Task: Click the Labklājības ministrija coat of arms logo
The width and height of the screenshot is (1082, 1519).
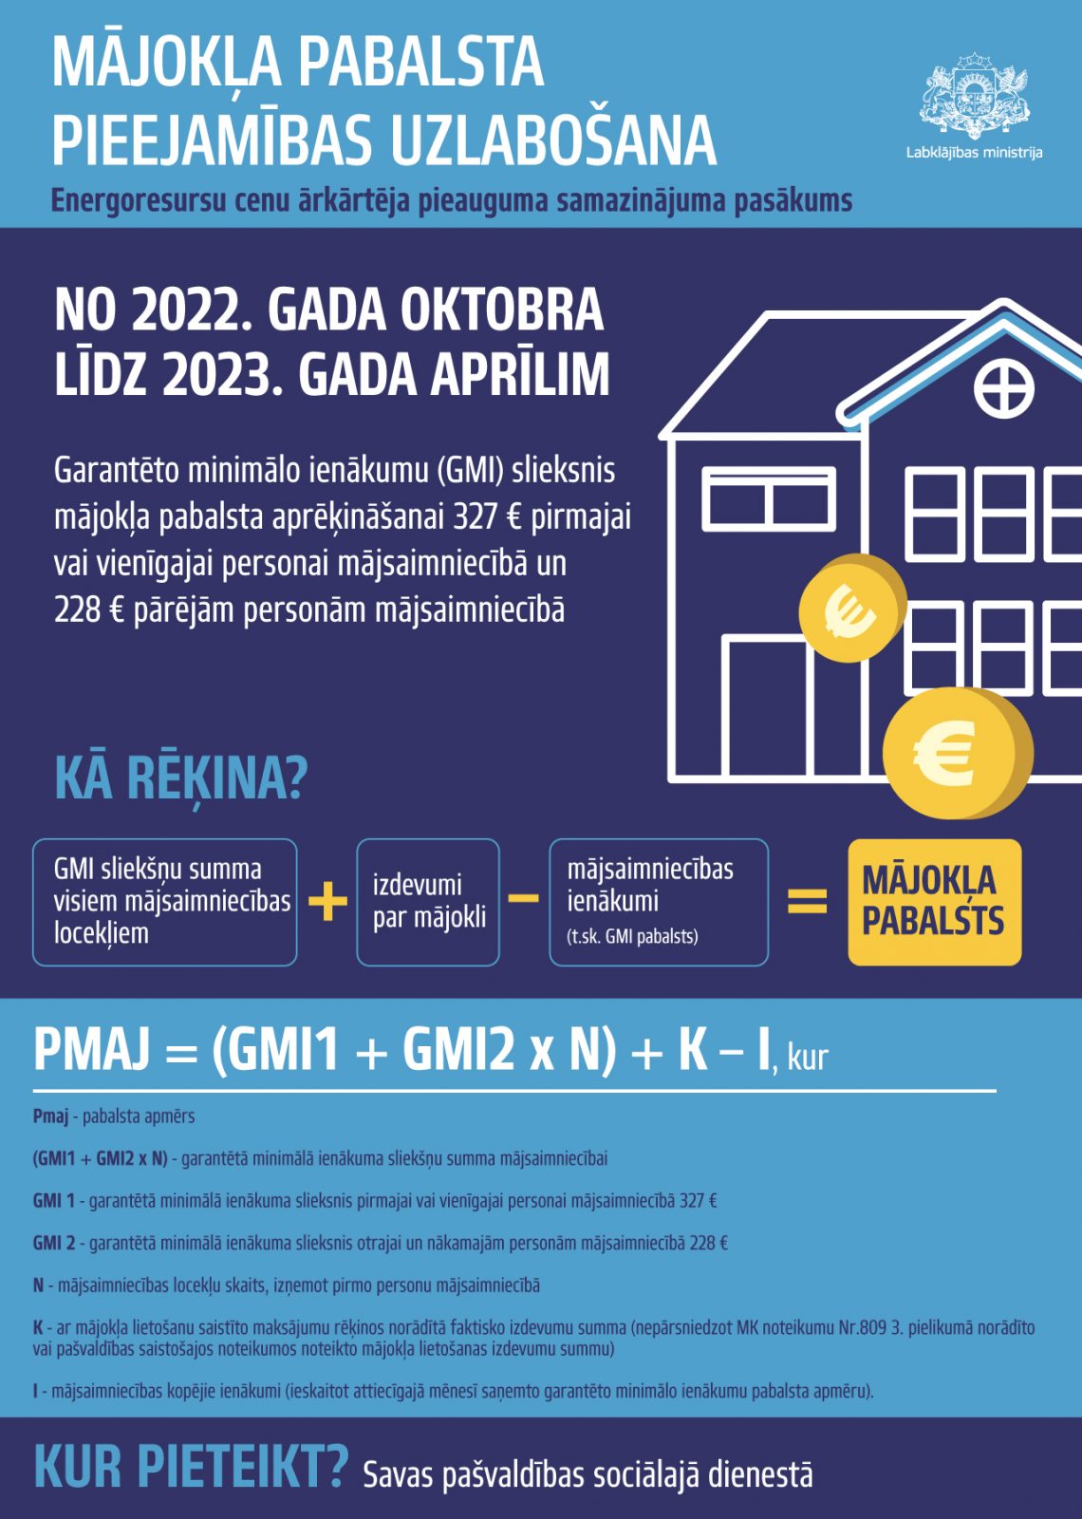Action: click(x=974, y=98)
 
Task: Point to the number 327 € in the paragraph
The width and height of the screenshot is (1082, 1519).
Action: click(x=487, y=516)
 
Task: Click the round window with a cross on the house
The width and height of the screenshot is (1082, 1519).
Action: click(x=1003, y=389)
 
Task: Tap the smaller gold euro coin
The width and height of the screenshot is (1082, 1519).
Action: click(x=851, y=609)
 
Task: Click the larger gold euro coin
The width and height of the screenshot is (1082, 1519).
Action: click(x=955, y=754)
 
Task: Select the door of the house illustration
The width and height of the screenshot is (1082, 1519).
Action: click(x=765, y=707)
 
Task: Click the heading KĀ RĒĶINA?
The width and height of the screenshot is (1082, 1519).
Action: click(x=181, y=778)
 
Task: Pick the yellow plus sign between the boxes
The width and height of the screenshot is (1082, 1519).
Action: click(x=327, y=901)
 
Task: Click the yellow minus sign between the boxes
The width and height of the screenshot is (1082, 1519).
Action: click(x=524, y=898)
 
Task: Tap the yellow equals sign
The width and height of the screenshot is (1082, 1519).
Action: click(x=808, y=901)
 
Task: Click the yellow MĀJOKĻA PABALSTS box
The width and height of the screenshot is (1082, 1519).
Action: click(x=934, y=902)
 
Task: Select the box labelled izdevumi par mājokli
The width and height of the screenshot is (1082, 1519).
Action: click(x=428, y=902)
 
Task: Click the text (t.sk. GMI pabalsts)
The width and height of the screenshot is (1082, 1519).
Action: click(x=632, y=937)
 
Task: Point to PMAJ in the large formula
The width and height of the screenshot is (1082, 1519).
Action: click(x=92, y=1050)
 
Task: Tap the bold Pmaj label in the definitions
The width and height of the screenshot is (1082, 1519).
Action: click(x=50, y=1116)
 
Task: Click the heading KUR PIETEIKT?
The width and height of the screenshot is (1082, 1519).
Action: click(x=191, y=1467)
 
